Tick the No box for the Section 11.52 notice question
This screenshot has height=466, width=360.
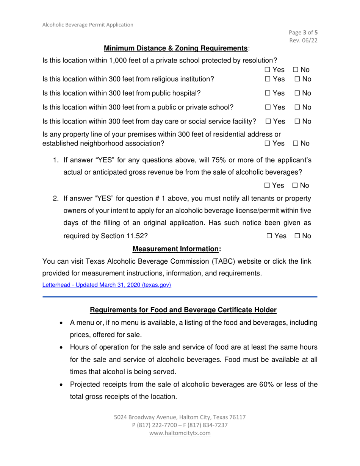(x=297, y=236)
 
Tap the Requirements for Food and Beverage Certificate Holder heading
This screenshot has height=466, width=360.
(x=183, y=310)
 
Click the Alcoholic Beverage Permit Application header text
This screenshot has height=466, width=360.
(x=88, y=25)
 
